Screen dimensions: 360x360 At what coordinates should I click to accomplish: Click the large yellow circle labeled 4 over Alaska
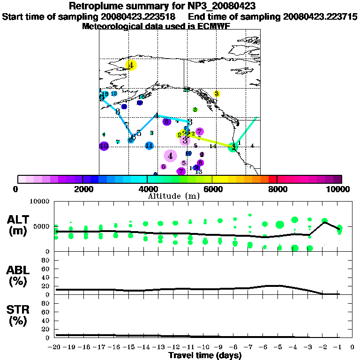click(x=131, y=65)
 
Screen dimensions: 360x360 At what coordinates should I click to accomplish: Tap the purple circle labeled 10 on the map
click(x=104, y=146)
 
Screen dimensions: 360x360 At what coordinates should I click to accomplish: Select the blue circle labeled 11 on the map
click(x=149, y=146)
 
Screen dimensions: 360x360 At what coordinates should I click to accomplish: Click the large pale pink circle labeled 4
click(x=171, y=156)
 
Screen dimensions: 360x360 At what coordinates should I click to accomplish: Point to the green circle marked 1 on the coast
click(x=232, y=147)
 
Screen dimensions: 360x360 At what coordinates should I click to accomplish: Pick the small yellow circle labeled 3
click(x=217, y=94)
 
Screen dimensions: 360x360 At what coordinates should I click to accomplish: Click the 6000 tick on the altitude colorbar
click(x=212, y=189)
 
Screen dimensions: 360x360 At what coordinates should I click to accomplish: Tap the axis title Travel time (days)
click(x=205, y=355)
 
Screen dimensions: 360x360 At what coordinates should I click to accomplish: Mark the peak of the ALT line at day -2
click(x=324, y=222)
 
